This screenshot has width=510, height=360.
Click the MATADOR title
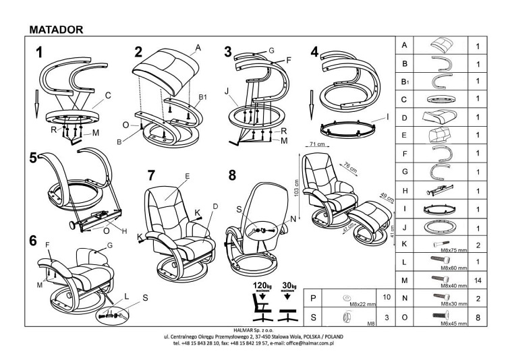click(x=57, y=29)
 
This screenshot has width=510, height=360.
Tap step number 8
click(x=232, y=176)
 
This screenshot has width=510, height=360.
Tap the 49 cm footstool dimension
click(x=368, y=198)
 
